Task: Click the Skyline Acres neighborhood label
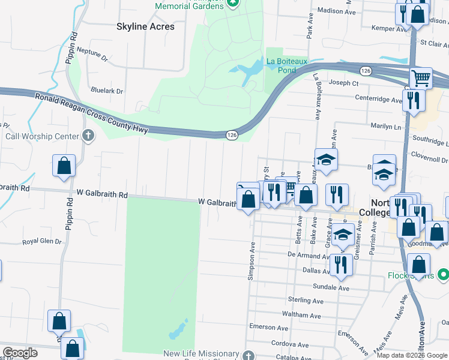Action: (x=145, y=26)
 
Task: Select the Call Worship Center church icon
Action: (x=88, y=136)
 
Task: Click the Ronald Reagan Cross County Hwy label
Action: (x=90, y=113)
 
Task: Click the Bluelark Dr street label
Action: (x=106, y=91)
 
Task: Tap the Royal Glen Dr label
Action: (x=42, y=242)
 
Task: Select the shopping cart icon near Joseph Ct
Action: (x=421, y=78)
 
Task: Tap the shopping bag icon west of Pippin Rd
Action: (x=64, y=167)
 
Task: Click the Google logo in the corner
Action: (x=20, y=353)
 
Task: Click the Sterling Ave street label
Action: (x=307, y=299)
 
